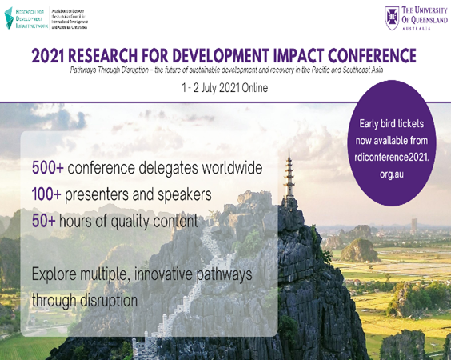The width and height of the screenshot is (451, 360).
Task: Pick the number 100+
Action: click(49, 194)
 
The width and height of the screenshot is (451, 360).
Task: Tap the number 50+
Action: click(45, 219)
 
